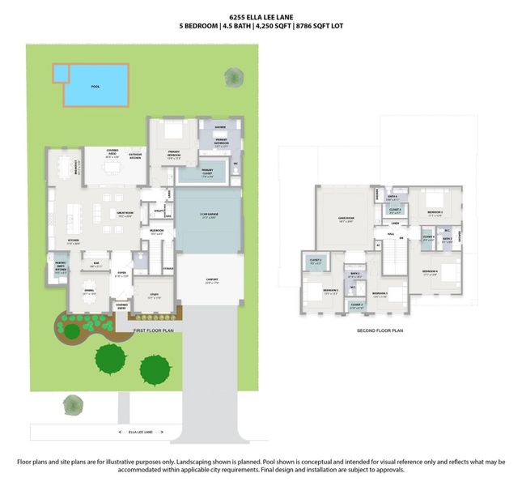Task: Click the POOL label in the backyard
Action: tap(95, 86)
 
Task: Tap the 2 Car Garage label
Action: tap(209, 215)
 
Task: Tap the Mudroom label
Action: tap(156, 232)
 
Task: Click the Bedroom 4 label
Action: tap(430, 272)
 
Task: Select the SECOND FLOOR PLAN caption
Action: tap(380, 330)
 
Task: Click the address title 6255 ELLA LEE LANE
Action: tap(261, 15)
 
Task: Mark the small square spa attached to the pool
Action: tap(61, 74)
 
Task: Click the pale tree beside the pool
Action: tap(233, 77)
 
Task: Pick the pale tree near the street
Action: tap(74, 403)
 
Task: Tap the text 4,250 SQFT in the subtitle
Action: tap(272, 26)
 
